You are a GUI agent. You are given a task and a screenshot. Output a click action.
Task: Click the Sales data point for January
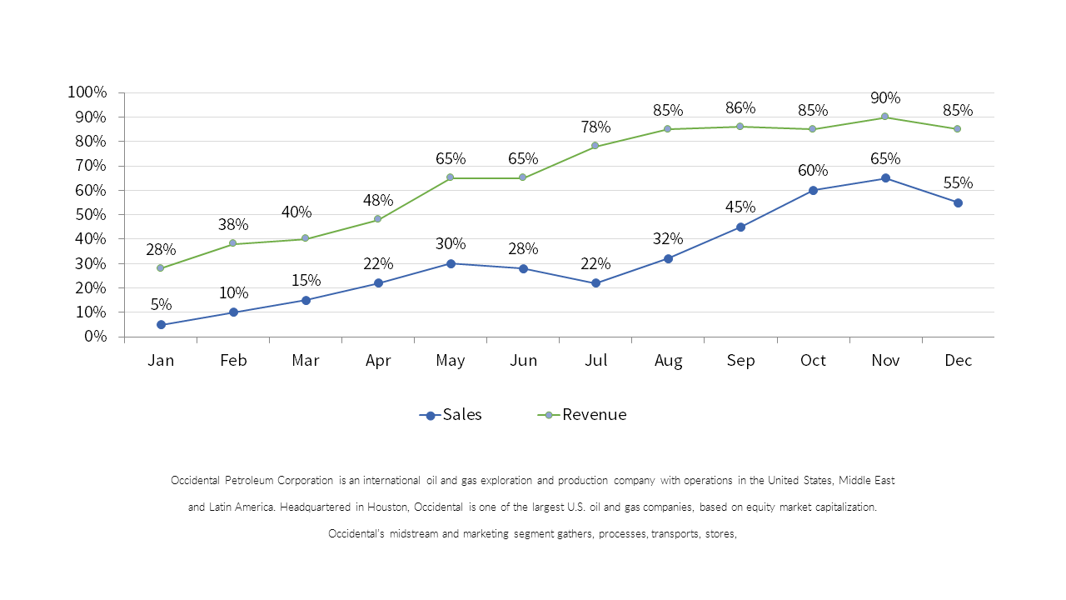(161, 325)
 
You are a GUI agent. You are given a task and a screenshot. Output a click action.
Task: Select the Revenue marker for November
(884, 117)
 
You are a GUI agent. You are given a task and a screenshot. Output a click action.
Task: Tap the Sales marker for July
(595, 283)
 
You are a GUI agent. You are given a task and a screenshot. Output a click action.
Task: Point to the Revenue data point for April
(377, 219)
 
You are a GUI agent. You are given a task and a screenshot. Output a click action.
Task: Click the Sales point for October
(813, 190)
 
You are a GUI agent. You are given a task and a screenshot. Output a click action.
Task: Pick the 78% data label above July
(595, 127)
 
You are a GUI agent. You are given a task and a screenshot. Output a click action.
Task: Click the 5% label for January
(161, 305)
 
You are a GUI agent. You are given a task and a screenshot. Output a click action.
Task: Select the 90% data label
(884, 97)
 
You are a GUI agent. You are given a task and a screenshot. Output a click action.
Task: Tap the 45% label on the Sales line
(740, 207)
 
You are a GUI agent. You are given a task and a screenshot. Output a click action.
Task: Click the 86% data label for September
(740, 107)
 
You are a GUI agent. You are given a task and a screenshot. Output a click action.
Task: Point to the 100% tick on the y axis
(87, 92)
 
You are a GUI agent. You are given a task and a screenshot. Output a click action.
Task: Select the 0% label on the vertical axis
(93, 337)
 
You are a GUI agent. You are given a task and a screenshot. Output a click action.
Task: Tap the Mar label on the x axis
(306, 361)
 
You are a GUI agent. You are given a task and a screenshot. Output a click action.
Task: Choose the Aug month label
(668, 361)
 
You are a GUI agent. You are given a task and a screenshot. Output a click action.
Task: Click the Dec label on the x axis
(958, 361)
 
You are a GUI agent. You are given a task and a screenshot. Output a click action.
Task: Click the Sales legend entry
(451, 415)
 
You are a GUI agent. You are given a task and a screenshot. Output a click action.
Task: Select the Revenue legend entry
(583, 415)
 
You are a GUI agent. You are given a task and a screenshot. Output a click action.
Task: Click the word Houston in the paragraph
(385, 507)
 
